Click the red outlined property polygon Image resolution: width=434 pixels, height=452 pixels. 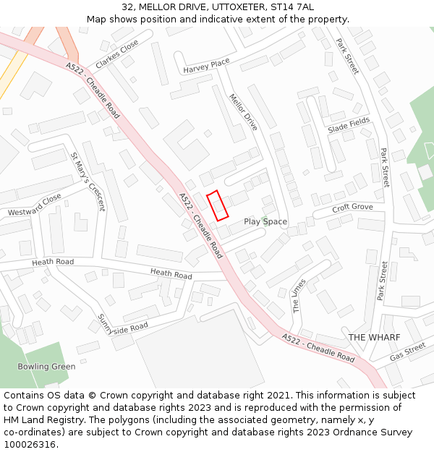[x=218, y=205]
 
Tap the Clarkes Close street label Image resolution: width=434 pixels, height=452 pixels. [x=116, y=54]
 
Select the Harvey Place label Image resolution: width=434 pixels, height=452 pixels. [x=206, y=66]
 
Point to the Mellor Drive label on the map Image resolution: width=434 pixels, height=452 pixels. [x=244, y=111]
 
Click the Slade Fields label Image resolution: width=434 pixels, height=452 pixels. [x=349, y=124]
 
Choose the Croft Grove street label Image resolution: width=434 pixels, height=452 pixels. [x=353, y=208]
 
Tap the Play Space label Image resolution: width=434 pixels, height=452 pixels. [x=265, y=221]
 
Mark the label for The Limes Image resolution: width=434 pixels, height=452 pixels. [x=299, y=295]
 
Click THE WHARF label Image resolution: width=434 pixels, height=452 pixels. [x=369, y=337]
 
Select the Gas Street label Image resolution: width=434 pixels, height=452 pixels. [x=407, y=351]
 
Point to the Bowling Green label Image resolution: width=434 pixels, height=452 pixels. [x=46, y=366]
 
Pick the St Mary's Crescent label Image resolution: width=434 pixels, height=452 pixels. [x=88, y=182]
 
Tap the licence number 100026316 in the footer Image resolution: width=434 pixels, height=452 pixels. [x=30, y=444]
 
